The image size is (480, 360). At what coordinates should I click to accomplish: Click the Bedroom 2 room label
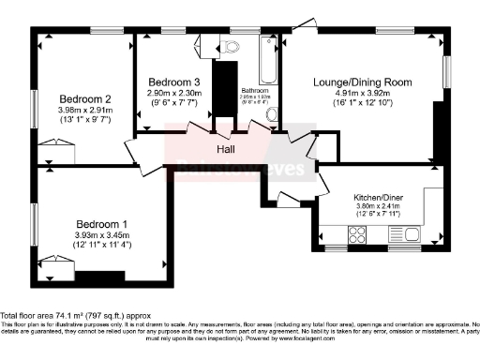pos(86,98)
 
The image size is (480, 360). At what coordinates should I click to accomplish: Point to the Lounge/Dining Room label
pos(362,82)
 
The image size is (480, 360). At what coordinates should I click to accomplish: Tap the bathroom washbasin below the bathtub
pos(272,114)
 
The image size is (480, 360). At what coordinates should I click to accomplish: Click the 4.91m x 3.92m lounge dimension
pos(362,94)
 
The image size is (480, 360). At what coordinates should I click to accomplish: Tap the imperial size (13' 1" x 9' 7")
pos(86,121)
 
